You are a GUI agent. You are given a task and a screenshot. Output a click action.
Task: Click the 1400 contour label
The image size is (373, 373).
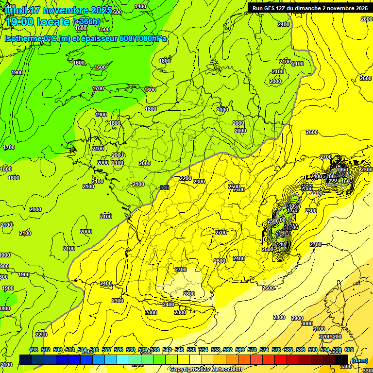click(140, 6)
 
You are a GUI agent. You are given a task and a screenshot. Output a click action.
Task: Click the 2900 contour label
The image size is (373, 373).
click(297, 318)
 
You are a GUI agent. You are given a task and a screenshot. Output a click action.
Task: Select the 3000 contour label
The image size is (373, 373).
click(306, 323)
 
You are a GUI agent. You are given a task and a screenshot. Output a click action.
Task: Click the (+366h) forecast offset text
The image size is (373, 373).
click(86, 21)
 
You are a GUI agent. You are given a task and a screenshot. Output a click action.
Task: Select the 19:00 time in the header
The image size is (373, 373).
click(21, 21)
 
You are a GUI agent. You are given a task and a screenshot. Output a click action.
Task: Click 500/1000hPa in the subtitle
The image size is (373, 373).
click(143, 38)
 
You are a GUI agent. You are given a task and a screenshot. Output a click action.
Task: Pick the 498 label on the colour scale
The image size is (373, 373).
click(34, 350)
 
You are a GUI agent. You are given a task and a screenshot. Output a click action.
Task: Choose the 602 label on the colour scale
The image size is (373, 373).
click(349, 350)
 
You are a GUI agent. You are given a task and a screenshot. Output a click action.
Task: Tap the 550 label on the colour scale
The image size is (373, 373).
click(191, 350)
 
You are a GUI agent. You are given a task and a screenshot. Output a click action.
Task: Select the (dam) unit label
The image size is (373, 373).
click(359, 360)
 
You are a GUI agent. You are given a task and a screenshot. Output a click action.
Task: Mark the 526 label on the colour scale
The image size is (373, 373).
click(119, 350)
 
